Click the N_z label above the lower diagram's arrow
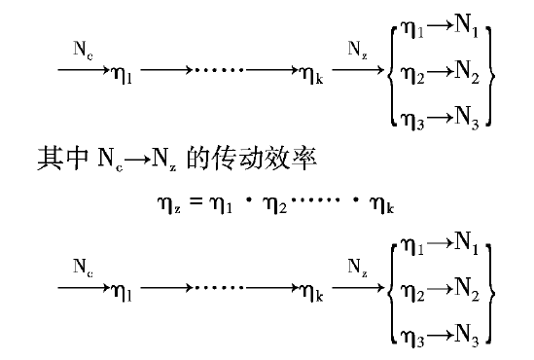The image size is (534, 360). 357,263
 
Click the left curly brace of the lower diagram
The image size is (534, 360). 390,290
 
